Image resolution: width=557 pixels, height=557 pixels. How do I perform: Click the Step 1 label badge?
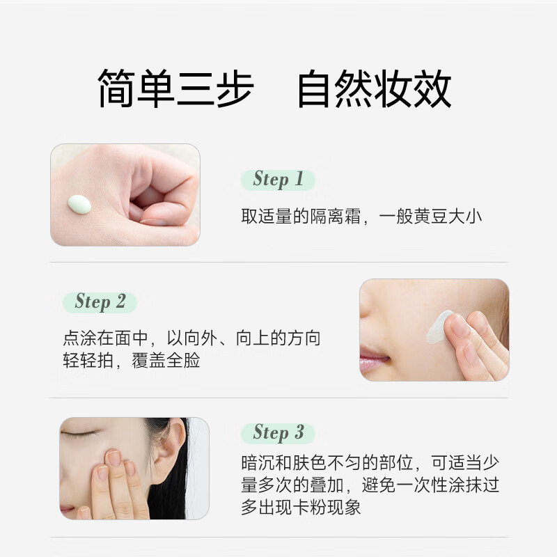point(278,180)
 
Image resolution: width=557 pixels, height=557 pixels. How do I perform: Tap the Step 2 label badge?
point(100,302)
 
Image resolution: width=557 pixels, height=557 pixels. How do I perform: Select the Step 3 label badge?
point(278,432)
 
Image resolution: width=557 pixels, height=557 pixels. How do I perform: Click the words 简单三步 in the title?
point(175,89)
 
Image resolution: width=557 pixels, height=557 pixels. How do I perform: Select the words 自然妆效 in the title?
point(374,89)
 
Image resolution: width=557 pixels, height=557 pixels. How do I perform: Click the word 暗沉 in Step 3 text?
point(258,463)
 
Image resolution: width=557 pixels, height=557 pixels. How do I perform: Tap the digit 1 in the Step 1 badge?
point(299,180)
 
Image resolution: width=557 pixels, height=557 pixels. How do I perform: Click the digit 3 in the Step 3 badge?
point(299,432)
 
